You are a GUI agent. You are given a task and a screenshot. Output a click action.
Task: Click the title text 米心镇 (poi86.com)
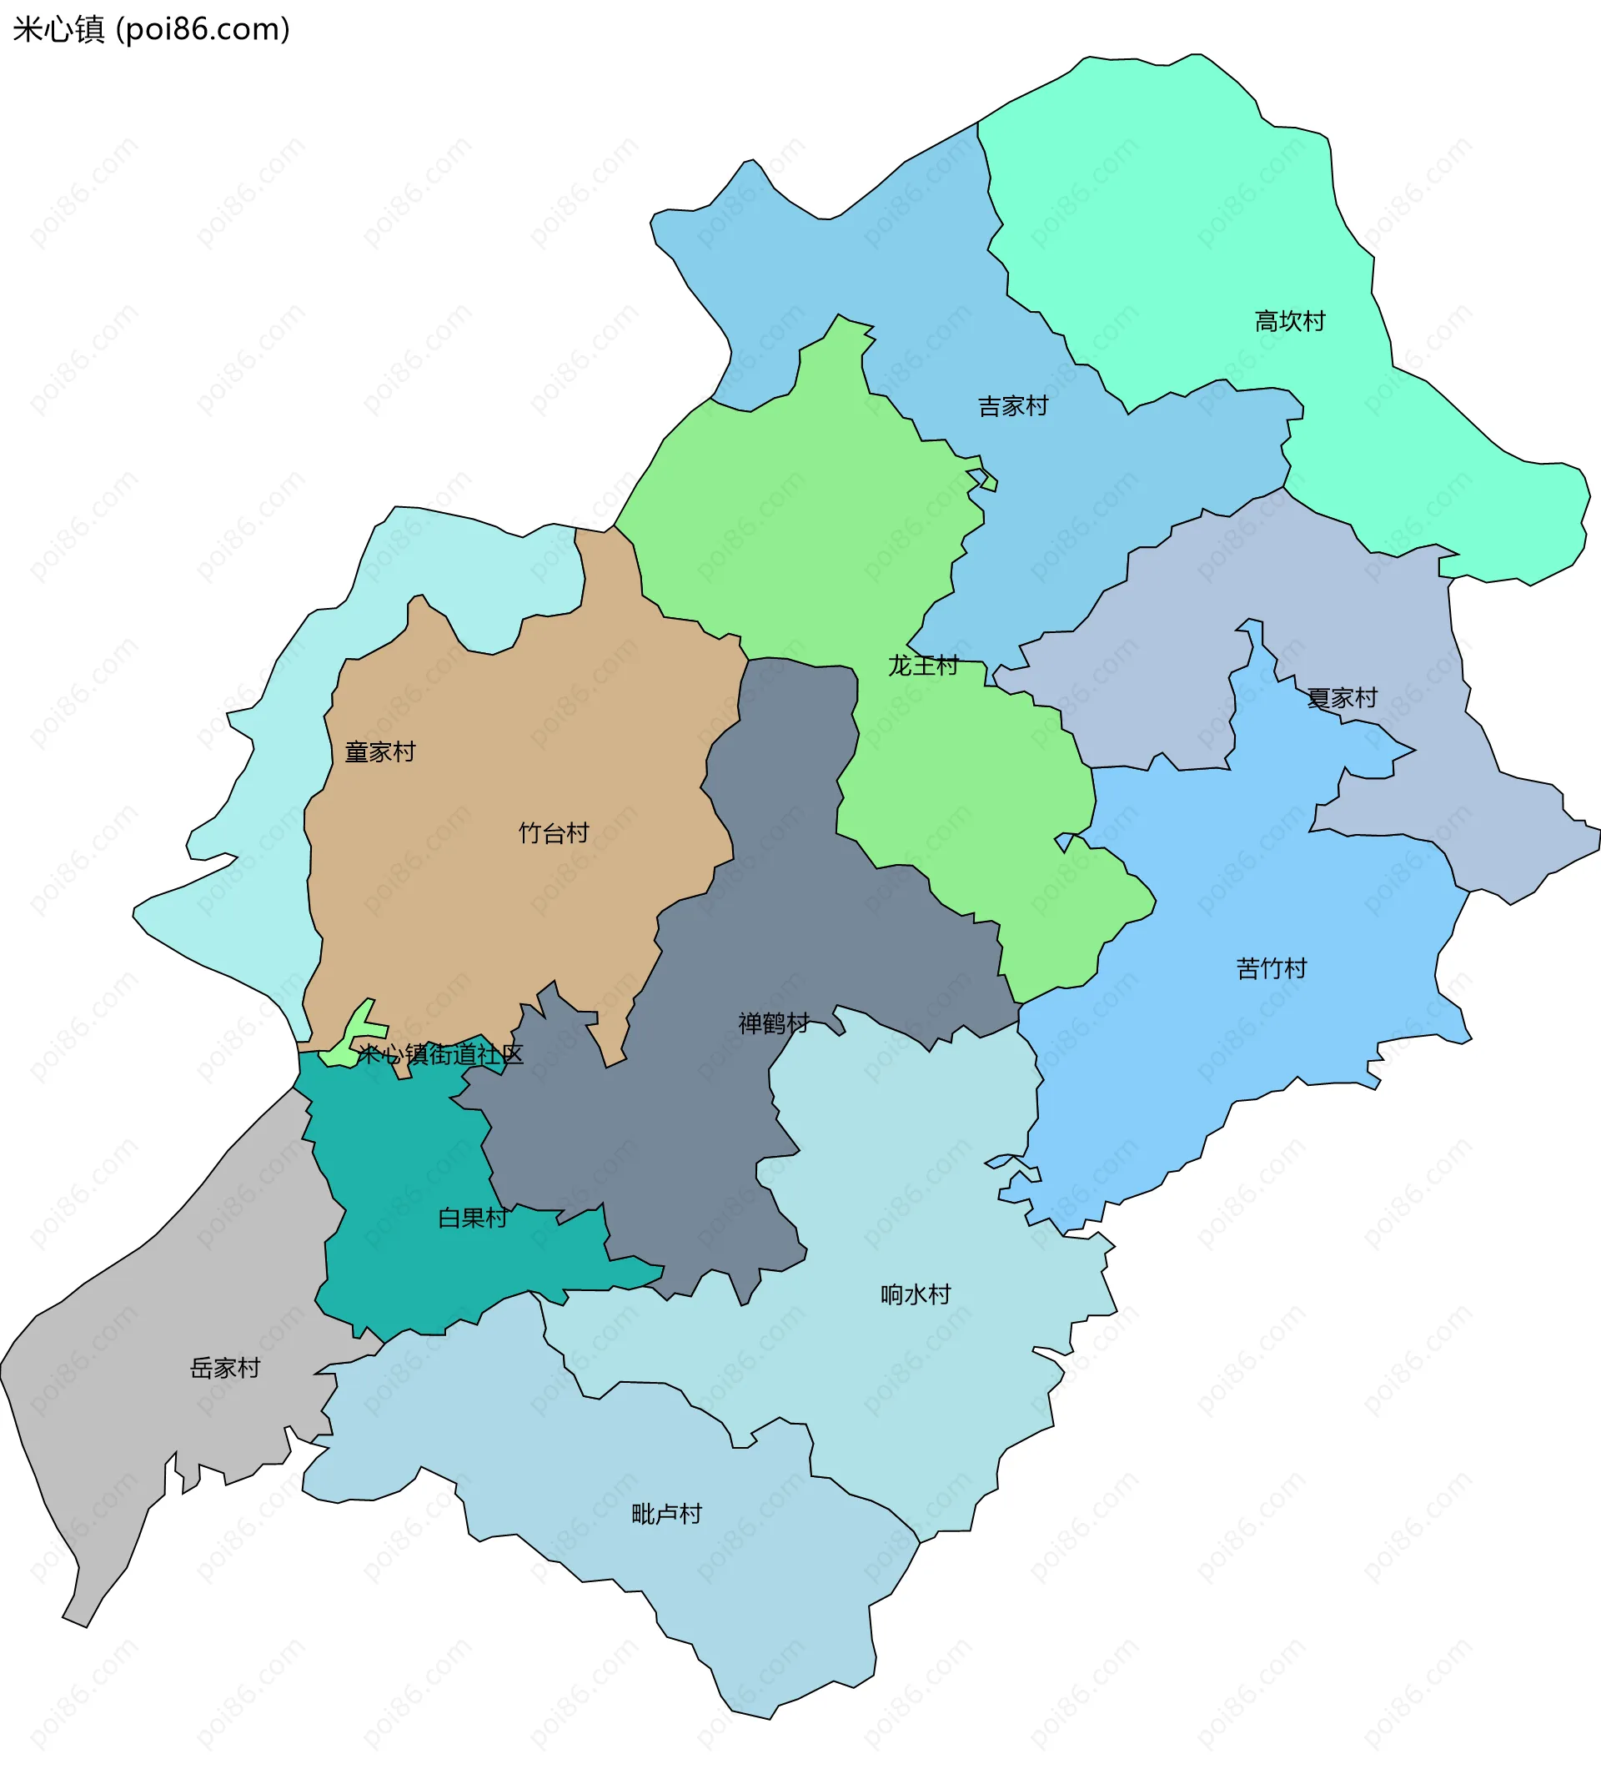[151, 30]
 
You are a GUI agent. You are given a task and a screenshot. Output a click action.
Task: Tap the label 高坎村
[1290, 322]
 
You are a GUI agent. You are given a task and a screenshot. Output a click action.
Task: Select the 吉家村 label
[1013, 406]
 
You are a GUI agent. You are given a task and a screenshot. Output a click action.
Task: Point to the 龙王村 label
[923, 666]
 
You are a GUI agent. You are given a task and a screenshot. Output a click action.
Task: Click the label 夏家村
[1342, 699]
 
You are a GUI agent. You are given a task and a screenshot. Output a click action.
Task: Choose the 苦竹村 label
[1271, 969]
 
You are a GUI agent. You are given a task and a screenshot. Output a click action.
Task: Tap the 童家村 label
[380, 752]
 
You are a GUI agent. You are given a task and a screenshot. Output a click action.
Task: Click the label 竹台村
[554, 833]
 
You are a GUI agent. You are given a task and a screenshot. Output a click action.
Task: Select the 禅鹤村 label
[773, 1023]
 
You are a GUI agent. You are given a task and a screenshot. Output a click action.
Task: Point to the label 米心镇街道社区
[439, 1054]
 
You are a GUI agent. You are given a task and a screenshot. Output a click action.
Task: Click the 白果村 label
[473, 1218]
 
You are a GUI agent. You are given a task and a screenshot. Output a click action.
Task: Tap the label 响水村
[916, 1294]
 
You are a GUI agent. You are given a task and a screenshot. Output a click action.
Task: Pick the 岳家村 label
[225, 1369]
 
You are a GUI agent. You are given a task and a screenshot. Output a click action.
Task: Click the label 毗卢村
[667, 1515]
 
